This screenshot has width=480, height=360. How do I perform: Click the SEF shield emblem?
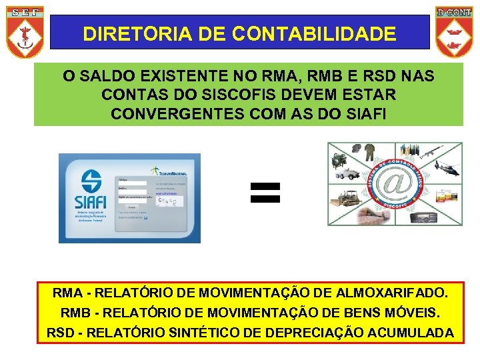pyautogui.click(x=25, y=31)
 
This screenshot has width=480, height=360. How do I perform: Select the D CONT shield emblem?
pyautogui.click(x=454, y=31)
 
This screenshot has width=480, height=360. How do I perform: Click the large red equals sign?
pyautogui.click(x=265, y=193)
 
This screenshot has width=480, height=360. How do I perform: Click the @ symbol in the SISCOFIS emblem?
pyautogui.click(x=395, y=185)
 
